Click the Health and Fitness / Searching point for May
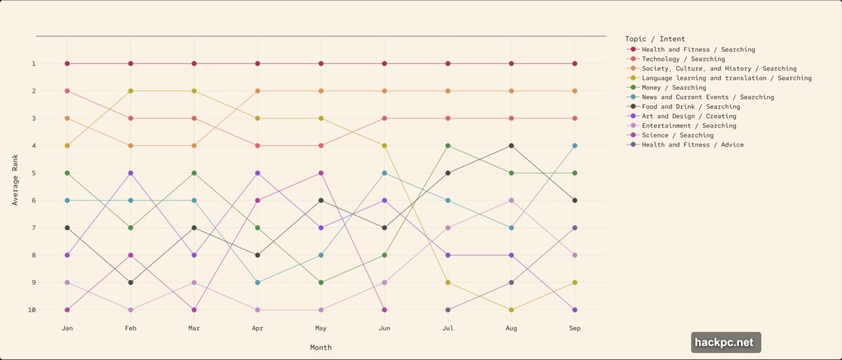pos(321,64)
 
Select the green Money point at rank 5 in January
pos(67,173)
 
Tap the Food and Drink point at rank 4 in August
pos(512,146)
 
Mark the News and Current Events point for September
pos(575,146)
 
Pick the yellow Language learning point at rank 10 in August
pos(512,309)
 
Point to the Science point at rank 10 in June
pos(385,309)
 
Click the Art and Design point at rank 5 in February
pos(131,173)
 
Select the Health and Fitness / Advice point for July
pos(448,309)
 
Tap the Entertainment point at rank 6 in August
pos(512,201)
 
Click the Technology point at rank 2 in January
pos(67,91)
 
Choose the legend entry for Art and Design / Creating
pos(689,116)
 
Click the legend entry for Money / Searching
pos(674,88)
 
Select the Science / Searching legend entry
pos(677,135)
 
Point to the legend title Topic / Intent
pos(655,39)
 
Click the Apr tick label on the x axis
pos(258,328)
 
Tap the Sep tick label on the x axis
pos(575,328)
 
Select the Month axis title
pos(321,347)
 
